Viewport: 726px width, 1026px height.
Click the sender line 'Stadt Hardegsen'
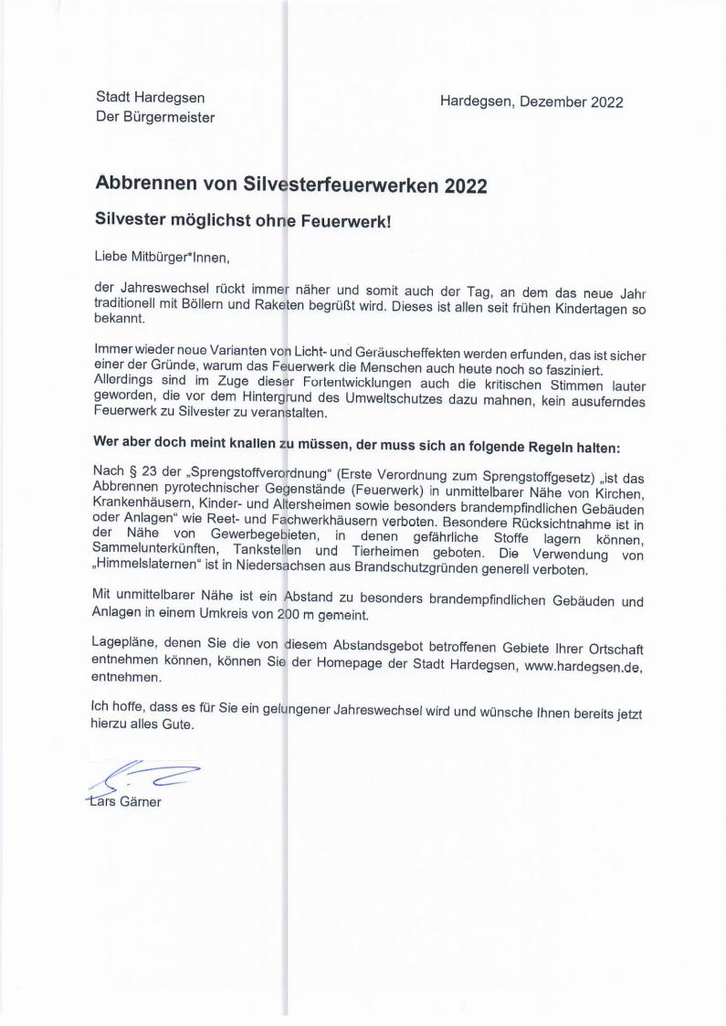[x=150, y=97]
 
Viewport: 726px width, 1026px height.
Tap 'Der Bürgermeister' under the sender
[x=155, y=117]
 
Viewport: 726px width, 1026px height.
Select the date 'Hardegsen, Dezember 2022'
[x=531, y=101]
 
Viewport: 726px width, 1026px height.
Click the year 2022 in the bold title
[x=466, y=185]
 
